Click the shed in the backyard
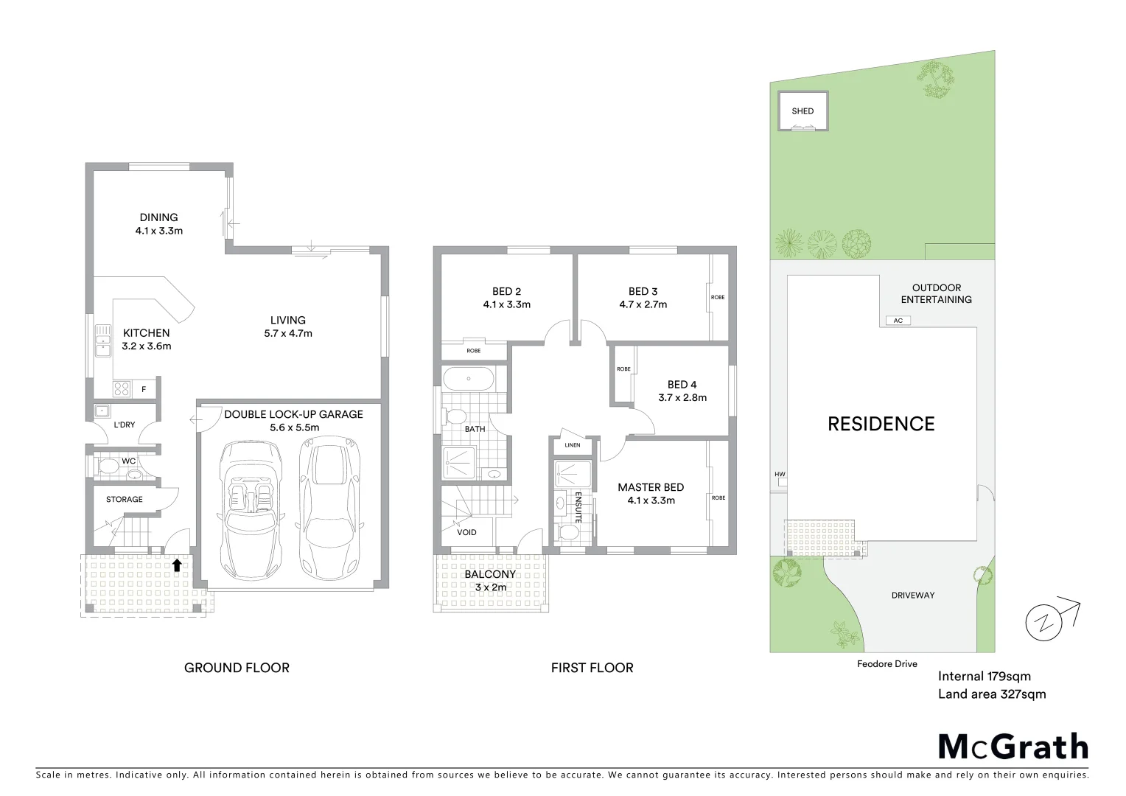(x=802, y=111)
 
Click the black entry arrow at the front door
(x=177, y=565)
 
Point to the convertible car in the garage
(x=251, y=509)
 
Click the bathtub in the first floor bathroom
(x=469, y=379)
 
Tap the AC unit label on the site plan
(x=897, y=321)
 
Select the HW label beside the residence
(x=779, y=475)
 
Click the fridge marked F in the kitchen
(x=144, y=389)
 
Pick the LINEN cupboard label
(x=573, y=445)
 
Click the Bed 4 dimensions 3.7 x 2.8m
(x=682, y=398)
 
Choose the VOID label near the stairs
(x=466, y=532)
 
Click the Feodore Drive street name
(x=887, y=664)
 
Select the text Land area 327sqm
(x=991, y=694)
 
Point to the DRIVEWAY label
(x=912, y=595)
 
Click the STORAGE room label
(x=124, y=500)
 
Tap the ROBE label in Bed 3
(x=717, y=297)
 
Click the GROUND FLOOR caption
(x=237, y=668)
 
